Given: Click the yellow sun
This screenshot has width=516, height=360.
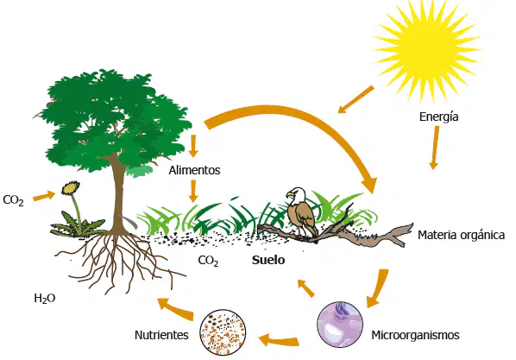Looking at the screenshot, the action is pyautogui.click(x=427, y=49).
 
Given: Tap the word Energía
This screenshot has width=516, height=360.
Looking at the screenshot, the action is pyautogui.click(x=438, y=117).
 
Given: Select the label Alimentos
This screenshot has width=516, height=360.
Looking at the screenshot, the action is pyautogui.click(x=194, y=170).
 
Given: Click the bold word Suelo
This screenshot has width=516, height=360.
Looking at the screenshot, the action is pyautogui.click(x=268, y=260).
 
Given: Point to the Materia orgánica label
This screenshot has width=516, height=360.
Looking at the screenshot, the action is pyautogui.click(x=461, y=235).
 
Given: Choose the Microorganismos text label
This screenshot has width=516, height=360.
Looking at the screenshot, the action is pyautogui.click(x=415, y=335).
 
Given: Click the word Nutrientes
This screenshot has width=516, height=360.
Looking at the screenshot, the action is pyautogui.click(x=161, y=335).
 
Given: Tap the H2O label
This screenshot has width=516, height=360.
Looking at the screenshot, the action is pyautogui.click(x=45, y=299).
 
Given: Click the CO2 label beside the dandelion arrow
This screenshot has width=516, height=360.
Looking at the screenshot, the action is pyautogui.click(x=13, y=200).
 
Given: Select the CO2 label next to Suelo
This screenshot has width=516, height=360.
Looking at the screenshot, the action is pyautogui.click(x=208, y=261).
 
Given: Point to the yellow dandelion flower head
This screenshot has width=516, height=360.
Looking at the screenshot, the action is pyautogui.click(x=71, y=187).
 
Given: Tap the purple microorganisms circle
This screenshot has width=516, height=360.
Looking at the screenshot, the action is pyautogui.click(x=340, y=325).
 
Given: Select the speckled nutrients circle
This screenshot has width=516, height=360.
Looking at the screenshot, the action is pyautogui.click(x=223, y=332).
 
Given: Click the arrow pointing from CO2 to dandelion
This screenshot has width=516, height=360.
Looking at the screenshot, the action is pyautogui.click(x=44, y=196).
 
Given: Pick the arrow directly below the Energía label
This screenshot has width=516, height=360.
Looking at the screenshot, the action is pyautogui.click(x=435, y=148).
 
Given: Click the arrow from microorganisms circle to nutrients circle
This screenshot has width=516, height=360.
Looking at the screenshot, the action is pyautogui.click(x=279, y=340).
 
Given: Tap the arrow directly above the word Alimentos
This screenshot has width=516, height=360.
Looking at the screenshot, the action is pyautogui.click(x=193, y=146).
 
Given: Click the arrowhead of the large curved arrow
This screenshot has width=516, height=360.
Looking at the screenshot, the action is pyautogui.click(x=369, y=184).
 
